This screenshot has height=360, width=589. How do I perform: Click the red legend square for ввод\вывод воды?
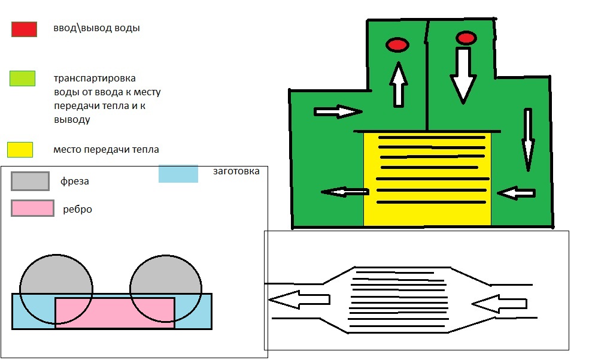[x=24, y=29]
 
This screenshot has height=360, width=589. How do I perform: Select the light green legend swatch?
[x=23, y=78]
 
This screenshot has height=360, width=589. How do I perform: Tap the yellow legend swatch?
[x=20, y=150]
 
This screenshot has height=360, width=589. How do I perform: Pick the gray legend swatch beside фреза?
[x=30, y=181]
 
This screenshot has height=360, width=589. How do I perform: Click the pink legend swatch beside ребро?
[x=33, y=208]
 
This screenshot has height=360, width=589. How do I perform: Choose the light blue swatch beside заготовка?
[x=178, y=174]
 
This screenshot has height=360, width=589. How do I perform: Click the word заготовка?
[x=236, y=171]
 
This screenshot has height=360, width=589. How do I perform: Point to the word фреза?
[x=75, y=181]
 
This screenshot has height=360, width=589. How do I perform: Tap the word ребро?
[x=77, y=209]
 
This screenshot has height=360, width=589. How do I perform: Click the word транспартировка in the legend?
[x=95, y=78]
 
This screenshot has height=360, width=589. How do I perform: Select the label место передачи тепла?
[x=106, y=150]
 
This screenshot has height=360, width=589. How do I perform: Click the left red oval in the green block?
[x=397, y=45]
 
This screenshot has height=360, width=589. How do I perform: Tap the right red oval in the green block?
[x=466, y=38]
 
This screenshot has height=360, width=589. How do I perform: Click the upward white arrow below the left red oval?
[x=399, y=84]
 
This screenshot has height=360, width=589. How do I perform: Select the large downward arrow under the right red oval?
[x=463, y=75]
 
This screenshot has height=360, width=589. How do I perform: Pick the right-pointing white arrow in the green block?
[x=338, y=111]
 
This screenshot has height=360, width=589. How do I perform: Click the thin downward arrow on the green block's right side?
[x=528, y=140]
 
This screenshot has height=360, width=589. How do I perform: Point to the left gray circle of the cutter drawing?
[x=56, y=289]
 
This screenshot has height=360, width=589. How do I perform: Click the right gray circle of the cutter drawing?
[x=166, y=288]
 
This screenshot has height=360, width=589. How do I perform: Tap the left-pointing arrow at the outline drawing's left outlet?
[x=299, y=300]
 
